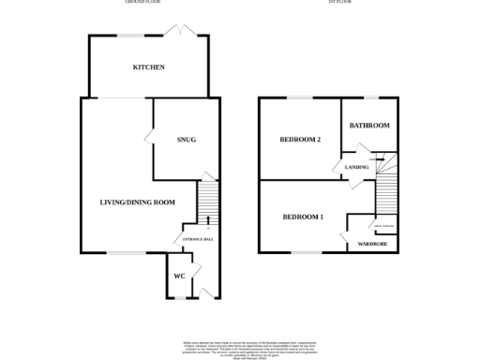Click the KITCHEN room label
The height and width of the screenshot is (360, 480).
pos(148,67)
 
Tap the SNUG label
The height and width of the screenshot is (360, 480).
pos(186,140)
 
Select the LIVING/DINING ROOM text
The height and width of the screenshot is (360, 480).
pos(138,202)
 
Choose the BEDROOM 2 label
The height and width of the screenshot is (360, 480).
pos(301,140)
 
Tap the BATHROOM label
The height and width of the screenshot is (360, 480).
pos(369,126)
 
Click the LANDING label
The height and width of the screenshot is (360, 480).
pos(356,167)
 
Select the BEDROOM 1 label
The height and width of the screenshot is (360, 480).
pos(303,217)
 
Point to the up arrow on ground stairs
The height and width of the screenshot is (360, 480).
pos(207,219)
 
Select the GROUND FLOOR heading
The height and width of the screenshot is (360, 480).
pos(144,3)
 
